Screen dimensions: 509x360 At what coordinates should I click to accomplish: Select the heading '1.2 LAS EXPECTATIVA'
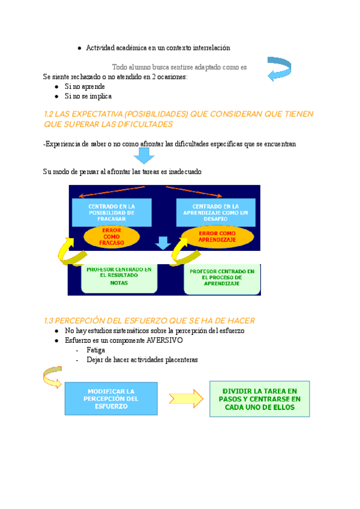coord(179,119)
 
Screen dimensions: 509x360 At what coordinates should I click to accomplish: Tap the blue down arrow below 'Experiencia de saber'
coord(144,156)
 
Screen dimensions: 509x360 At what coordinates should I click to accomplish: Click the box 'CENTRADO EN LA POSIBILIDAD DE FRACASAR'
coord(112,213)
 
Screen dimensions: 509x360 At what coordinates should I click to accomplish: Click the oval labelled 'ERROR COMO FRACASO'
coord(112,237)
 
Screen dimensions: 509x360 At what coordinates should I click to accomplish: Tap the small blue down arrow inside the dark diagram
coord(162,243)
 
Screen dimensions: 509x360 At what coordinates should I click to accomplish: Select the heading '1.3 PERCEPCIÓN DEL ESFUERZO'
coord(150,321)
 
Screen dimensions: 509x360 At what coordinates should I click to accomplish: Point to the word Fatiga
coord(96,350)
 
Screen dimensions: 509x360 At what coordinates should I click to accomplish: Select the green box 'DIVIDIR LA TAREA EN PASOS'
coord(260,399)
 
